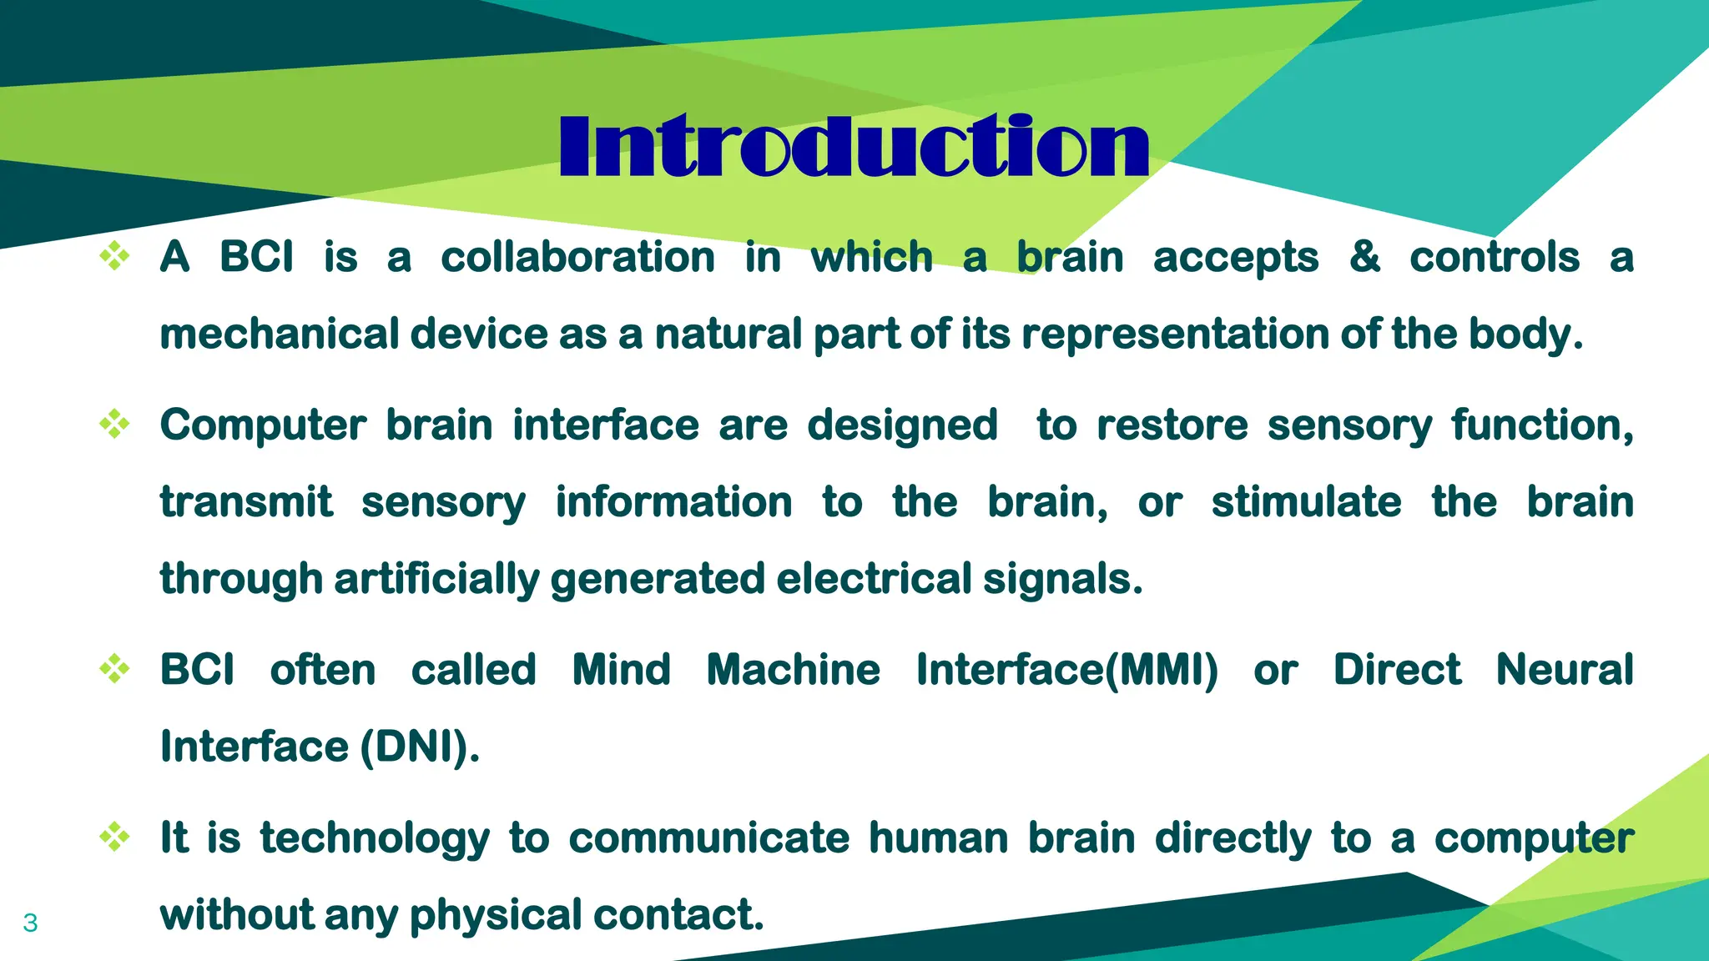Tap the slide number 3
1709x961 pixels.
pos(30,923)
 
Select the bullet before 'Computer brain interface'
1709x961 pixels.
pos(114,424)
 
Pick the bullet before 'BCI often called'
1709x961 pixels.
pos(114,668)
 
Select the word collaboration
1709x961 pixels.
pos(577,257)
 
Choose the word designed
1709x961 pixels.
pos(902,425)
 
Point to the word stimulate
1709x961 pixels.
pos(1306,502)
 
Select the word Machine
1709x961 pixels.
pos(793,670)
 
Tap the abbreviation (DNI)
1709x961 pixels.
pos(420,747)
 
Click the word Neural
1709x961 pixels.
pos(1565,670)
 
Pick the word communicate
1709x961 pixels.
pos(708,838)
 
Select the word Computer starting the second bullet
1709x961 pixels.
pos(263,425)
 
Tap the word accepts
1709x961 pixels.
pos(1235,258)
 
